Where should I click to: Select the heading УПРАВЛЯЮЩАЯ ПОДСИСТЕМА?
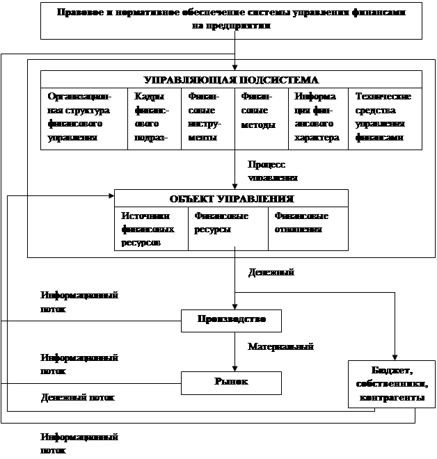click(231, 79)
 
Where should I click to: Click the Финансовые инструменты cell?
click(207, 118)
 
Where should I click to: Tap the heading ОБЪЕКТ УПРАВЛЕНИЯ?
click(232, 198)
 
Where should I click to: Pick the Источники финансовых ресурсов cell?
click(151, 229)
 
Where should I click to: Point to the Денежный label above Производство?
click(277, 277)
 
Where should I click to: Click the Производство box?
click(232, 321)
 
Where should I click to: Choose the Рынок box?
click(232, 382)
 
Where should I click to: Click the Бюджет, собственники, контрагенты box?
click(392, 384)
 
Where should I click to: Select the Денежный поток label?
click(83, 397)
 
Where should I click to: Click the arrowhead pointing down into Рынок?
click(235, 368)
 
